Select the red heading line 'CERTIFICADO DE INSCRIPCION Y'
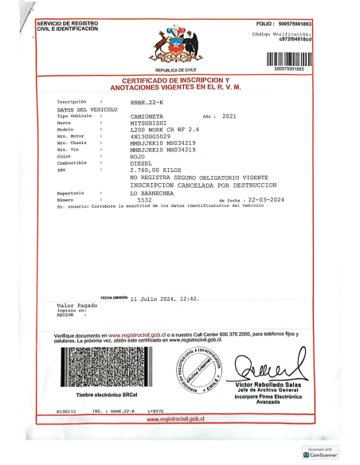click(175, 80)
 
